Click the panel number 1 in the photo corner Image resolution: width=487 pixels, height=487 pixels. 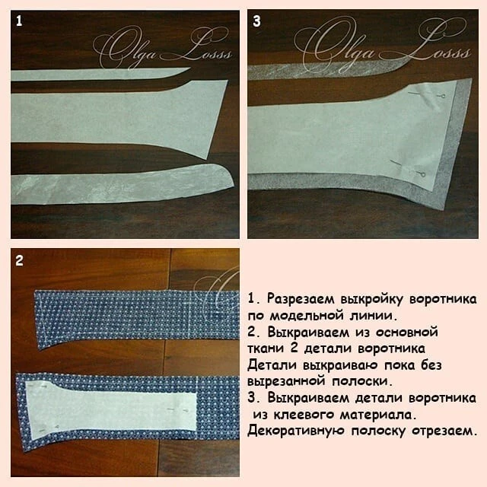(x=19, y=21)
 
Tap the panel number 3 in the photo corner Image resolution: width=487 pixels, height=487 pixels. (x=256, y=21)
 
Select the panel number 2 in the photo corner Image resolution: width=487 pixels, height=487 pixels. (x=19, y=260)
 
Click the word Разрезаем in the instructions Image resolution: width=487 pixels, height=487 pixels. (x=301, y=299)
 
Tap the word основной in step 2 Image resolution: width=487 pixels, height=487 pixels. (x=406, y=332)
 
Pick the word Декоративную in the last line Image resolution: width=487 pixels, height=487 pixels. (x=296, y=431)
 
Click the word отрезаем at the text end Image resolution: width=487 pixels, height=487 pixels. (x=444, y=431)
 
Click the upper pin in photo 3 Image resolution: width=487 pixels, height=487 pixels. (x=427, y=94)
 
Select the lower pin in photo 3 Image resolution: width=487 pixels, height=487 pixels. (x=408, y=169)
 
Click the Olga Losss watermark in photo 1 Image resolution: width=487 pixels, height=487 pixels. (x=162, y=46)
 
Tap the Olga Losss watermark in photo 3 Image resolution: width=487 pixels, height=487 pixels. (x=381, y=43)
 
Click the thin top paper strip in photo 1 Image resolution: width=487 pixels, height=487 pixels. (x=100, y=75)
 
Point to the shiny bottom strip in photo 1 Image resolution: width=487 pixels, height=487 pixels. (x=122, y=184)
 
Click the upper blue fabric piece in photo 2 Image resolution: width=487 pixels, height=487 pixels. (x=137, y=315)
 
